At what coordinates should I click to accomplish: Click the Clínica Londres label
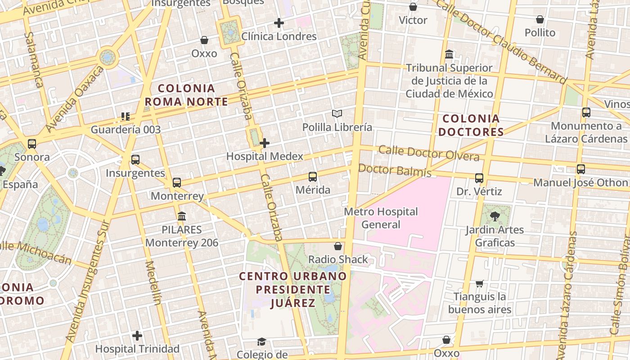pos(279,36)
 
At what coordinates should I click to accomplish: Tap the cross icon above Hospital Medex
pos(265,143)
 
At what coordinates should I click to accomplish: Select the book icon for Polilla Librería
pos(337,114)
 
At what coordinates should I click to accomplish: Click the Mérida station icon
pos(313,177)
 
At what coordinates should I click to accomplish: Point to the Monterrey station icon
pos(177,183)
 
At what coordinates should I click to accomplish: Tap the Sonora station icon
pos(32,144)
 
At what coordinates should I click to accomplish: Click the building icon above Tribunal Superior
pos(449,54)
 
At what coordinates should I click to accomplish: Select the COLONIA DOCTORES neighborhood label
pos(471,125)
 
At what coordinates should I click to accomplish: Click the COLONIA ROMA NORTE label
pos(186,95)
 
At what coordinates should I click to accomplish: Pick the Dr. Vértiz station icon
pos(479,178)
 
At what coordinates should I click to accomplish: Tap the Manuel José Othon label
pos(580,183)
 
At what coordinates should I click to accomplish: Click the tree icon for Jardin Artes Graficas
pos(495,216)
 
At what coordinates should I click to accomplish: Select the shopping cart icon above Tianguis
pos(480,283)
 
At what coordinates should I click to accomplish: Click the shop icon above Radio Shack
pos(338,246)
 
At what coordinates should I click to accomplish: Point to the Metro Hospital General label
pos(381,218)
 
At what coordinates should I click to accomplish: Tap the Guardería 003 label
pos(126,130)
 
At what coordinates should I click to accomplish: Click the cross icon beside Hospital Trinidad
pos(137,336)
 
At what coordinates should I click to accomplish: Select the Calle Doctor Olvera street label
pos(429,153)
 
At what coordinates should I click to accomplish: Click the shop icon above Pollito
pos(540,20)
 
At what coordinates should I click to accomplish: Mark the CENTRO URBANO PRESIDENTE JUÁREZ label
pos(293,289)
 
